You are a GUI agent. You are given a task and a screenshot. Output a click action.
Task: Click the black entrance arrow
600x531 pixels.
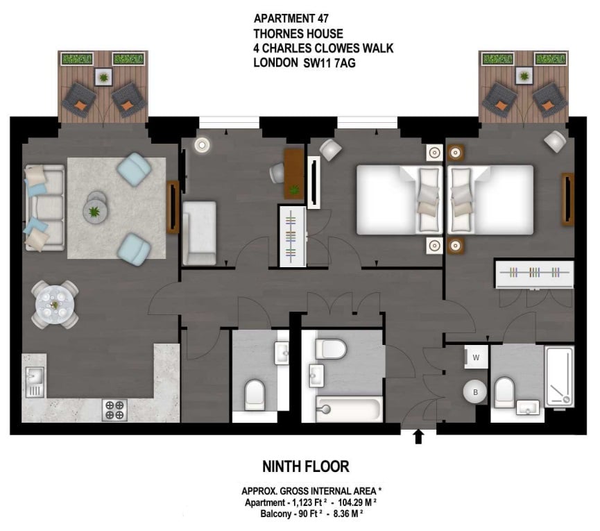click(x=418, y=437)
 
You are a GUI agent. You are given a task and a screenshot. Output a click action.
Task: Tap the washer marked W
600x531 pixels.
click(x=476, y=357)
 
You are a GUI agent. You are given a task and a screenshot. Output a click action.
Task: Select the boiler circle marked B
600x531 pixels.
click(x=475, y=392)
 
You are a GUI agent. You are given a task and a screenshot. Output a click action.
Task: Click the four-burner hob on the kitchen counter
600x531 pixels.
click(x=114, y=410)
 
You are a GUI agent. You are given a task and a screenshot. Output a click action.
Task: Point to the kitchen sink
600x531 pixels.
click(x=35, y=382)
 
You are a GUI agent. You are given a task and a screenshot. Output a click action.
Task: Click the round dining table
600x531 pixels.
click(x=55, y=305)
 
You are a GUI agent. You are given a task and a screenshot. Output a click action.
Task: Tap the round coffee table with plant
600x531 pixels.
click(x=95, y=210)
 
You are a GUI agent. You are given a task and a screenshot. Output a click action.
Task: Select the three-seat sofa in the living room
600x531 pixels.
click(x=44, y=208)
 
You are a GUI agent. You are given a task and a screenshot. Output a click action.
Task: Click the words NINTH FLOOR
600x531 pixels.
click(x=306, y=466)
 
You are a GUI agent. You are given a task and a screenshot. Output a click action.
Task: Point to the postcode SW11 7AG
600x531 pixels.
click(x=329, y=62)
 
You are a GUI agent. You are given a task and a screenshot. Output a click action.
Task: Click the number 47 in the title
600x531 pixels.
click(x=323, y=18)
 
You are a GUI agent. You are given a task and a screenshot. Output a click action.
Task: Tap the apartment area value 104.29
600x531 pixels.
click(x=352, y=503)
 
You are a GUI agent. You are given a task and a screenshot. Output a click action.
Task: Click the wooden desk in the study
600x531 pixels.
click(x=294, y=174)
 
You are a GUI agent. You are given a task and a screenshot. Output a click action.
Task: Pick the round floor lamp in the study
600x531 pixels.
click(x=202, y=145)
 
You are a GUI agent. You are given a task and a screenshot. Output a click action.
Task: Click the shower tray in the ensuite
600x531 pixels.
click(x=559, y=376)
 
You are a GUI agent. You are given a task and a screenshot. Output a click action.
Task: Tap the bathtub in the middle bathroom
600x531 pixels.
click(x=350, y=409)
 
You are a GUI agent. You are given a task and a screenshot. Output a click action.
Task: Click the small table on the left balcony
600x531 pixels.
click(x=103, y=77)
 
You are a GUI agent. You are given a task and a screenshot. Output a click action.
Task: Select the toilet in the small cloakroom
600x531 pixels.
click(x=255, y=395)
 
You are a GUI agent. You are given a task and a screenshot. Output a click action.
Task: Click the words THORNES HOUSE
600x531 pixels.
click(x=298, y=34)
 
